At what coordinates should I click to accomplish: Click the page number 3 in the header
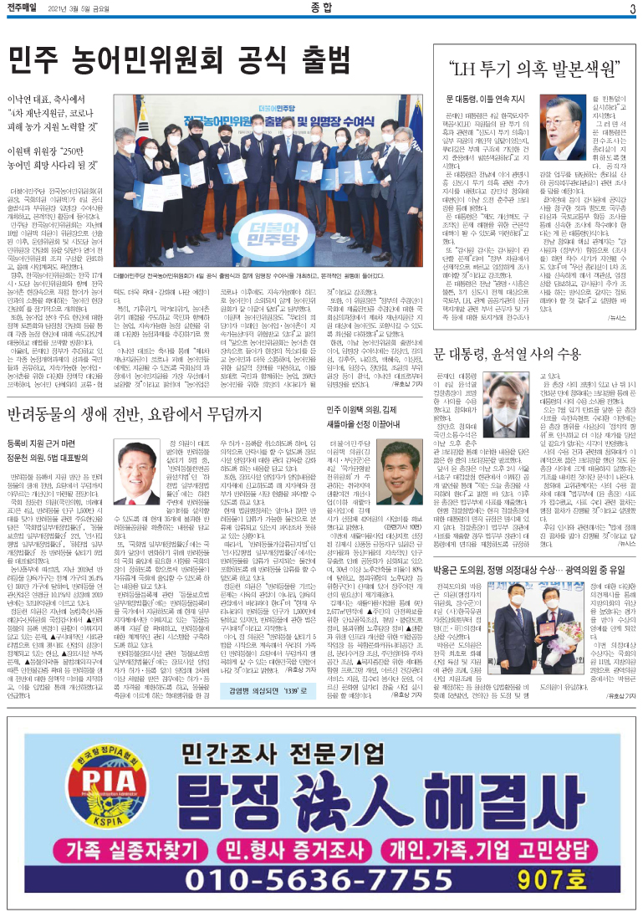point(632,9)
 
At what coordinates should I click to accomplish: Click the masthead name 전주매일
point(25,9)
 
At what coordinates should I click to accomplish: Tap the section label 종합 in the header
point(321,9)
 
